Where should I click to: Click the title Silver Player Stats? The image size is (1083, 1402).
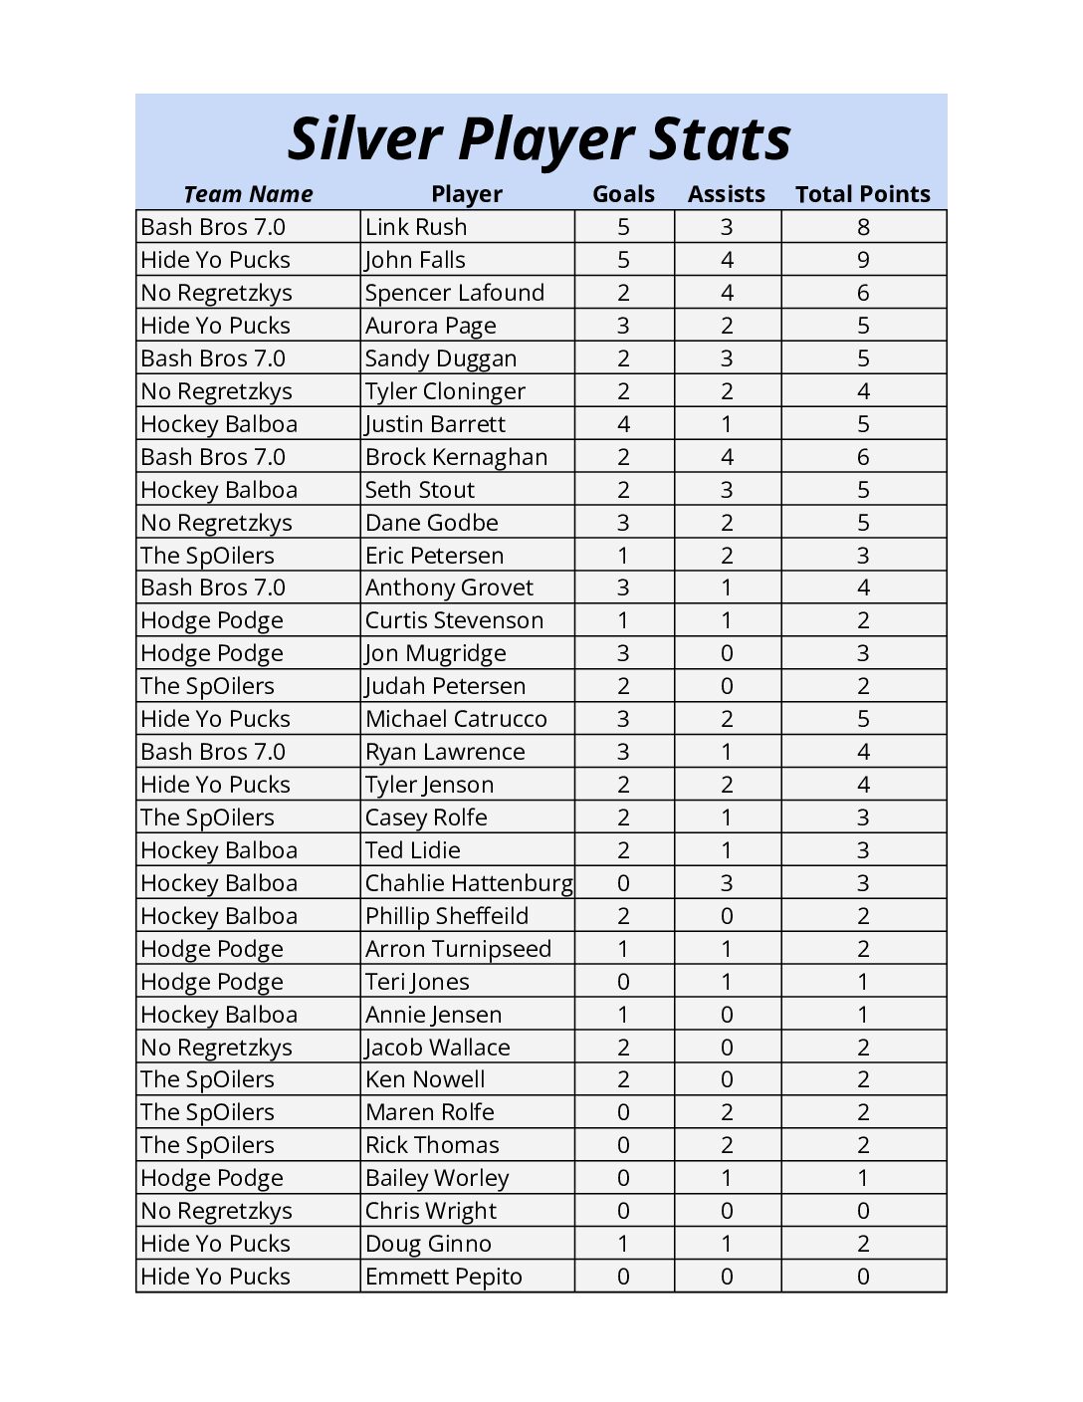[539, 138]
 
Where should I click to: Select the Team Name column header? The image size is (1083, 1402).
[248, 194]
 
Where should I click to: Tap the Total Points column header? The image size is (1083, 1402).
[862, 194]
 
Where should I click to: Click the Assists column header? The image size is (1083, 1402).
[726, 194]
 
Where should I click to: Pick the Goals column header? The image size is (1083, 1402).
[623, 194]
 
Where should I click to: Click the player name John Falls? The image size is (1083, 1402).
[415, 260]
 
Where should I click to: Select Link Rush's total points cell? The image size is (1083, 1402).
[863, 227]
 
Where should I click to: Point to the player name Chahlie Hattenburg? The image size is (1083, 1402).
[468, 883]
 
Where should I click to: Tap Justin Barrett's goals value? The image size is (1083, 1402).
[623, 424]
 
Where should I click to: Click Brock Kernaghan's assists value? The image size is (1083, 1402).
[727, 457]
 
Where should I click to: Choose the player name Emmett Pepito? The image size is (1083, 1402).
[443, 1277]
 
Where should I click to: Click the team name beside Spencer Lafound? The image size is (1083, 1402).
[216, 293]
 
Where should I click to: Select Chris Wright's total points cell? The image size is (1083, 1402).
[863, 1211]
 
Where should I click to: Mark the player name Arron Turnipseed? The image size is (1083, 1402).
[458, 949]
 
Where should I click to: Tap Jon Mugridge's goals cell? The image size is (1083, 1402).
[623, 653]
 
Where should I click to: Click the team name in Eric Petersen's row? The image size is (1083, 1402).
[207, 556]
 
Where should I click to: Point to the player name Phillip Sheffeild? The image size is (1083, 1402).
[447, 916]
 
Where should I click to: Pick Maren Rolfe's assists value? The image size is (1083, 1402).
[727, 1112]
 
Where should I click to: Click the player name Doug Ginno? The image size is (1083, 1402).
[428, 1244]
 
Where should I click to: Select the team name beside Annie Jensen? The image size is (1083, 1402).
[219, 1015]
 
